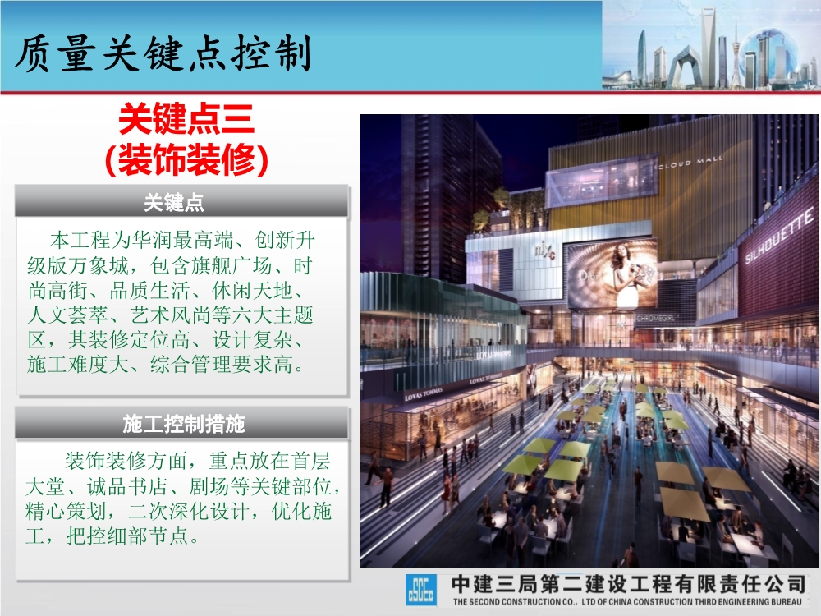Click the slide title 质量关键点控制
(x=164, y=54)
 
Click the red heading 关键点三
(x=186, y=121)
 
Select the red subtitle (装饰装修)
(x=186, y=159)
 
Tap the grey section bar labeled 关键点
(x=181, y=202)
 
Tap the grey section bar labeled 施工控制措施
(x=181, y=424)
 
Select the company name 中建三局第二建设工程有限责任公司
(x=628, y=584)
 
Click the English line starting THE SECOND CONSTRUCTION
(x=628, y=602)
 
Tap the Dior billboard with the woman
(x=612, y=274)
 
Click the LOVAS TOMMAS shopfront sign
(x=423, y=394)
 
